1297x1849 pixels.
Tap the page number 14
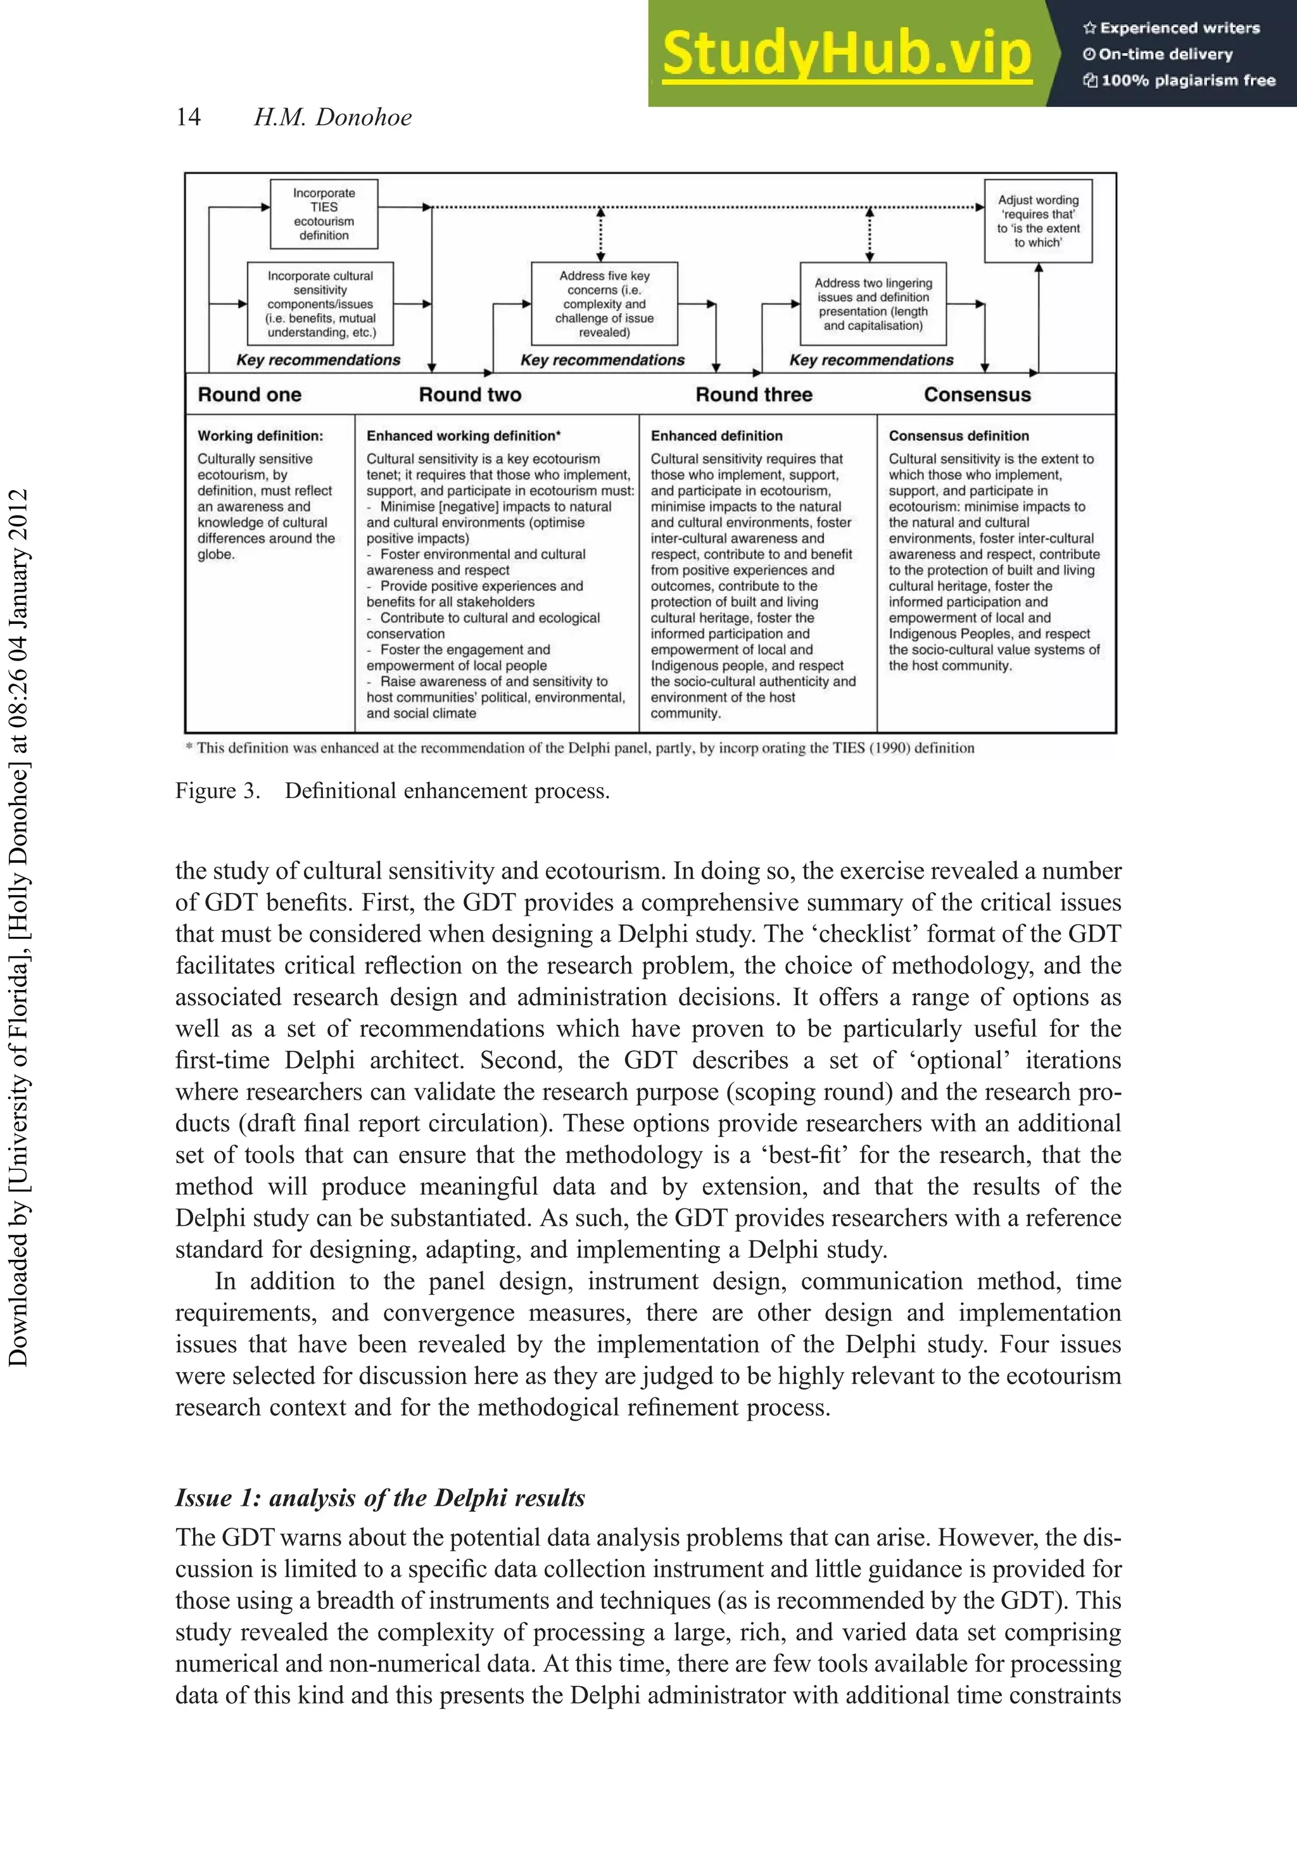pos(188,118)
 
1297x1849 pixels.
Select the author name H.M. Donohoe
pos(332,118)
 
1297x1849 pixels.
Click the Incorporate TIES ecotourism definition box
pos(324,214)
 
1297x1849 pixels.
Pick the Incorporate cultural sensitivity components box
pos(320,303)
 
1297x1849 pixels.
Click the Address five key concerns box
pos(604,303)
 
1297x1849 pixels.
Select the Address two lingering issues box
pos(873,303)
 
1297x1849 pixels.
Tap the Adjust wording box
pos(1038,220)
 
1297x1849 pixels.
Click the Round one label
pos(250,395)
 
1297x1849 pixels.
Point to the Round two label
pos(470,395)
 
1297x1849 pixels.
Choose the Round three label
pos(754,395)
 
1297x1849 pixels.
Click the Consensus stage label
pos(977,395)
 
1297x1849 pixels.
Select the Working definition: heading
pos(260,436)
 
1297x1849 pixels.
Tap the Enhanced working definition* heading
pos(463,436)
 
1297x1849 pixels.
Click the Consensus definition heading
pos(958,436)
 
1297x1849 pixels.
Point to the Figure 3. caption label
pos(217,791)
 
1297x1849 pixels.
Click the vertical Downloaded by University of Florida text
pos(18,926)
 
